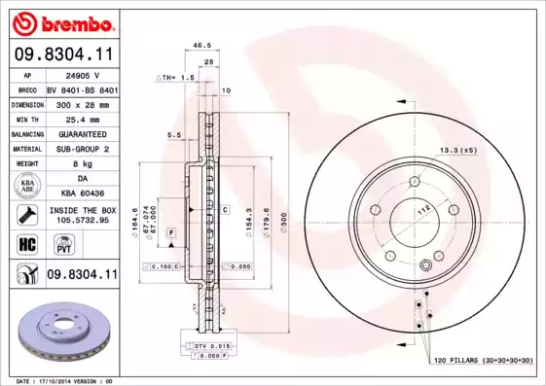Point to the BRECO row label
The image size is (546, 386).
pyautogui.click(x=27, y=88)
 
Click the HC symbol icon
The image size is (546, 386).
pyautogui.click(x=27, y=245)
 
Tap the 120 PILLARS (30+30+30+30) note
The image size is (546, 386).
pyautogui.click(x=483, y=361)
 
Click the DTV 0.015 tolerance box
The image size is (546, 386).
pyautogui.click(x=202, y=346)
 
